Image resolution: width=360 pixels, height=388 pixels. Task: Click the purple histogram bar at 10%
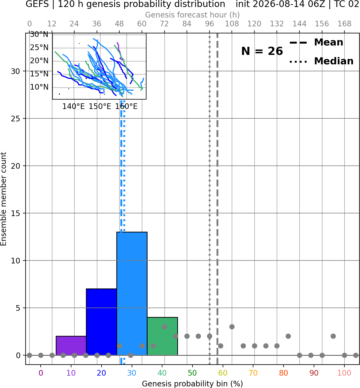pyautogui.click(x=71, y=345)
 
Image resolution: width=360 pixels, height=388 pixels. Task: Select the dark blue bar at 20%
pyautogui.click(x=102, y=322)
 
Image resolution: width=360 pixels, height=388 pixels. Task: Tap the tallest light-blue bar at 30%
pyautogui.click(x=132, y=294)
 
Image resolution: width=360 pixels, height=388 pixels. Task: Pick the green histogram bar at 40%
pyautogui.click(x=162, y=336)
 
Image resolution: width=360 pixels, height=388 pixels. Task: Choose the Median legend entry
pyautogui.click(x=321, y=61)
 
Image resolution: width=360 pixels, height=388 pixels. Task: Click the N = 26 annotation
pyautogui.click(x=262, y=51)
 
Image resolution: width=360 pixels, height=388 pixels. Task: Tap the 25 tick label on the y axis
pyautogui.click(x=16, y=119)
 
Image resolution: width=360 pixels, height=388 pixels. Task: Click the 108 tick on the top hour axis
pyautogui.click(x=232, y=24)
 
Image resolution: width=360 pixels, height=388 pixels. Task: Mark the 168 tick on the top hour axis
pyautogui.click(x=344, y=24)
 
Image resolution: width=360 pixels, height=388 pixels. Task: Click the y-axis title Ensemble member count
pyautogui.click(x=3, y=199)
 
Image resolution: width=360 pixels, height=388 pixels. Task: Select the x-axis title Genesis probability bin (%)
pyautogui.click(x=192, y=383)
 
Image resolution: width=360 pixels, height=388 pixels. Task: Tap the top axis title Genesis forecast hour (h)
pyautogui.click(x=192, y=15)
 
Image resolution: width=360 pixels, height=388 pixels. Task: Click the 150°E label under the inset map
pyautogui.click(x=100, y=107)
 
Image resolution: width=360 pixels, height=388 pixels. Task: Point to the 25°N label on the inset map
pyautogui.click(x=39, y=47)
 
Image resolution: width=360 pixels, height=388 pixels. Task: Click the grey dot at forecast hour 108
pyautogui.click(x=232, y=327)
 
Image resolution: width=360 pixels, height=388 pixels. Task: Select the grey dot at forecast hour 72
pyautogui.click(x=165, y=327)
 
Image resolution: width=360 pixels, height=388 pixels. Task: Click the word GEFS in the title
pyautogui.click(x=37, y=4)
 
